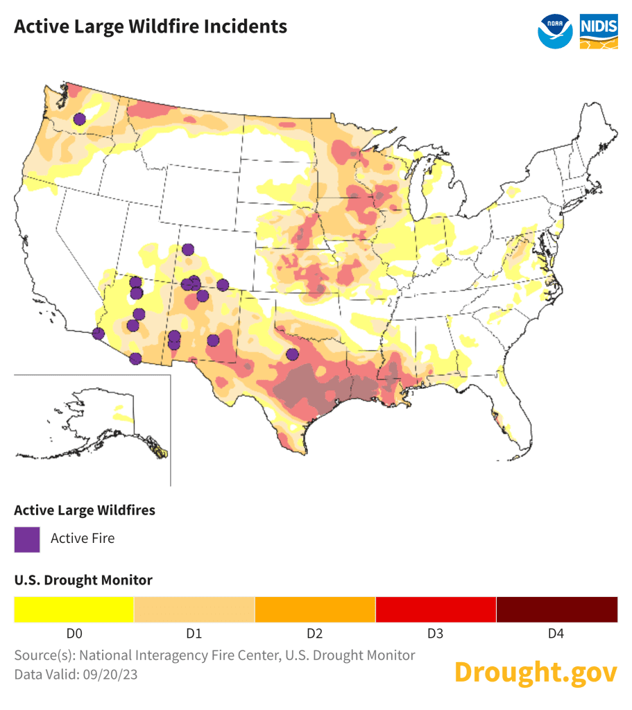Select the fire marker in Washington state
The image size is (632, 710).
80,119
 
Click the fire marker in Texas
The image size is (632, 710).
292,354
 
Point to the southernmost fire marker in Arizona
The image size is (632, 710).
135,358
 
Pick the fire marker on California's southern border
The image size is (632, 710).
98,334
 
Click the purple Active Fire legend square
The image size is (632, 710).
27,539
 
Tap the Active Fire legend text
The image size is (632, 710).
83,538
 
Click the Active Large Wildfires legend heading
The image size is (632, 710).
85,510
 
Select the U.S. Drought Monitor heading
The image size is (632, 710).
83,580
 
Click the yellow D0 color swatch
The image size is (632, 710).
74,609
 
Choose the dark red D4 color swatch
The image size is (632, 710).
556,609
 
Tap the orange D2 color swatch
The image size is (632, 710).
315,609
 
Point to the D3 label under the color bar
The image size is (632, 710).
436,634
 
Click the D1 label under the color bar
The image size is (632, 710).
194,634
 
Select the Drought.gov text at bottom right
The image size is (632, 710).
535,672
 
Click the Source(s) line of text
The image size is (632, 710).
214,655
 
